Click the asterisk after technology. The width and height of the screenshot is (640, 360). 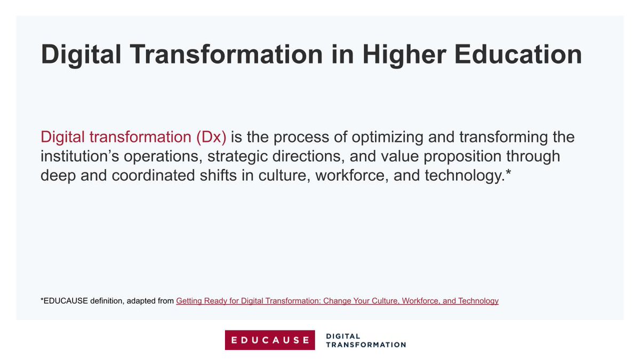[x=508, y=174]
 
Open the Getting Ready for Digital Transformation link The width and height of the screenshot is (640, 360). [x=337, y=301]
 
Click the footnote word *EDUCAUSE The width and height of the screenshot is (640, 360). [x=63, y=301]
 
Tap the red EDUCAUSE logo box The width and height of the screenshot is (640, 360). [x=270, y=340]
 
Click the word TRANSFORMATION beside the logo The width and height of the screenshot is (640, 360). [x=365, y=345]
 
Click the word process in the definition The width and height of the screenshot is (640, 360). [x=290, y=137]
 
